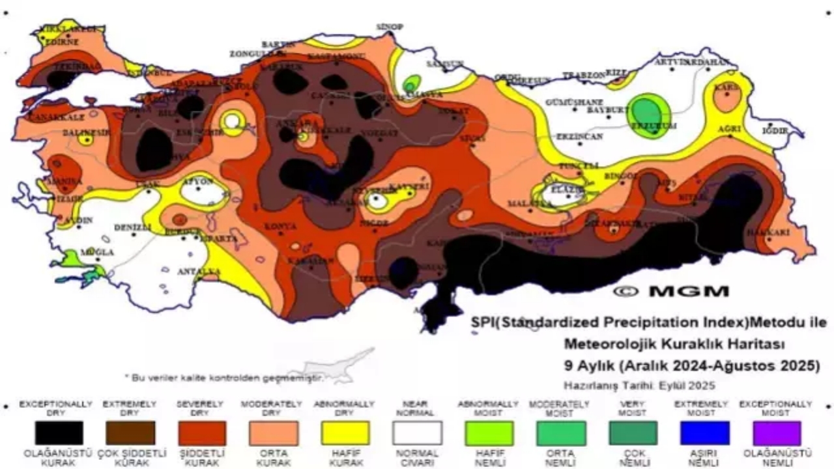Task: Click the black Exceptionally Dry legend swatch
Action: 59,433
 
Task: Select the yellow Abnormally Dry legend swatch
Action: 345,433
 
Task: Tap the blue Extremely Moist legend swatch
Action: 704,433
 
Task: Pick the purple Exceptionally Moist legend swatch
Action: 776,433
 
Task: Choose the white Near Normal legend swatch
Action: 417,433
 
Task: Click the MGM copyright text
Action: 670,292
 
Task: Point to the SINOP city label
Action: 390,27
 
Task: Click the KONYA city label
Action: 280,227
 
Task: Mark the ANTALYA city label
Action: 198,271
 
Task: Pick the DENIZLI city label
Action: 132,227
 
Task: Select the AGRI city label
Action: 729,129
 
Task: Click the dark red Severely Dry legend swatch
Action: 202,433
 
